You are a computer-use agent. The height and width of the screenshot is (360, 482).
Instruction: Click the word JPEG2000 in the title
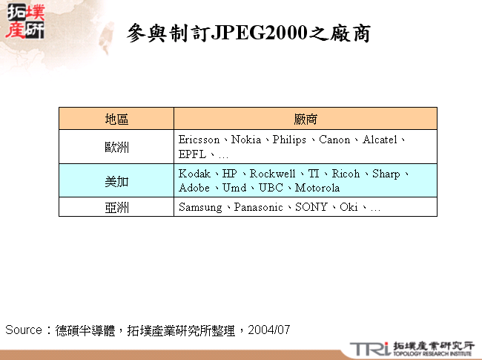pos(260,33)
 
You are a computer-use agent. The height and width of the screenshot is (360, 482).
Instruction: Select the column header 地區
pos(116,119)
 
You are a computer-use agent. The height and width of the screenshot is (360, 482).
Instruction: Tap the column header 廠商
pos(306,119)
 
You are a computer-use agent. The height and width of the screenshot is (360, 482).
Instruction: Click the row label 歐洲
pos(116,147)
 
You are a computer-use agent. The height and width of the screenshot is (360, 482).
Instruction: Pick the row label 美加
pos(116,180)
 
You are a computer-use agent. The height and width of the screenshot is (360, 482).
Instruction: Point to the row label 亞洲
pos(116,207)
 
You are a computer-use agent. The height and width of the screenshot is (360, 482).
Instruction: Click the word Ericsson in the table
pos(199,140)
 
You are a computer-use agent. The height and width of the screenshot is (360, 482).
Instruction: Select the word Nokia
pos(246,140)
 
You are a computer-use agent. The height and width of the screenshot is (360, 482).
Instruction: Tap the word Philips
pos(289,140)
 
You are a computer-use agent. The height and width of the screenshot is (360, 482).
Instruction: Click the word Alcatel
pos(380,140)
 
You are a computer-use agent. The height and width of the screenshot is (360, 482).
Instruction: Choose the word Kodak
pos(194,174)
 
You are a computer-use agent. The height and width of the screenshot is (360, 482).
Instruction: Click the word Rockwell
pos(272,174)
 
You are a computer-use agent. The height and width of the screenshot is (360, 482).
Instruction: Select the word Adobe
pos(194,188)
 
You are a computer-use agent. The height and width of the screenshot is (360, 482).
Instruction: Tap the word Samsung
pos(200,207)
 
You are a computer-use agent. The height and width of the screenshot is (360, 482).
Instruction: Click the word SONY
pos(311,207)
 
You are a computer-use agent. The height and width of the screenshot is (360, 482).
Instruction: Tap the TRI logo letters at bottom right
pos(369,347)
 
